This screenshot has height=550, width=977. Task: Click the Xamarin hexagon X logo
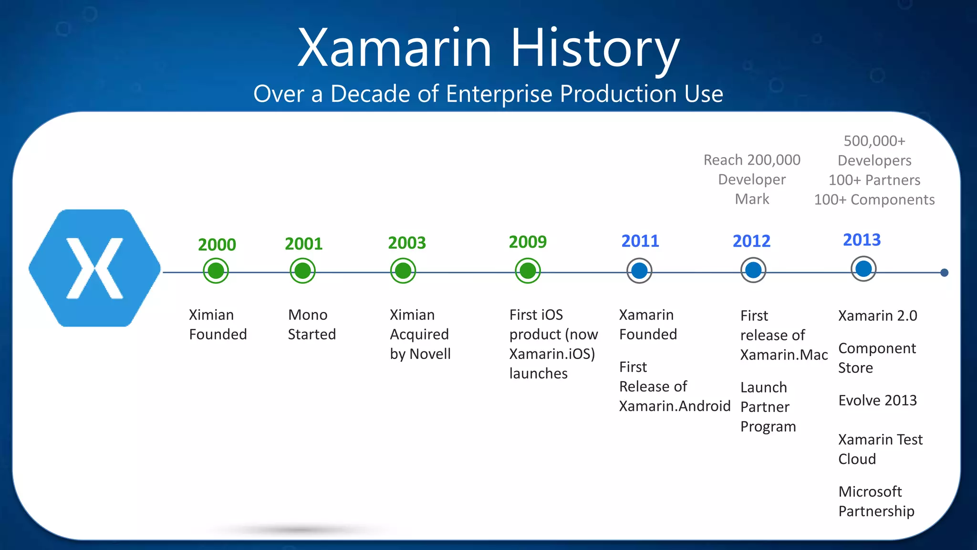click(x=94, y=268)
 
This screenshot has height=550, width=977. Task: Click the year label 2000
click(x=217, y=245)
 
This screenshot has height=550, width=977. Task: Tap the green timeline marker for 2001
click(x=302, y=271)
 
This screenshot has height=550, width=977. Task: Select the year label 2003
click(x=407, y=243)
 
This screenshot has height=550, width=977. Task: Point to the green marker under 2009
click(x=528, y=271)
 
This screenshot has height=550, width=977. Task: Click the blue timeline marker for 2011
click(x=639, y=271)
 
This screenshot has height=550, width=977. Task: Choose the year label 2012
click(x=751, y=241)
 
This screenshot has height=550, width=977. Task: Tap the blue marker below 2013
click(x=863, y=269)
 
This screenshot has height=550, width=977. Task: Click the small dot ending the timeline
click(x=944, y=273)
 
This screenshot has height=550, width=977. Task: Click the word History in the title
click(x=595, y=48)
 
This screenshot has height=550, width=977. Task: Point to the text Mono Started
click(x=312, y=325)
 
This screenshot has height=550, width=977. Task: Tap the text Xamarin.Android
click(x=675, y=406)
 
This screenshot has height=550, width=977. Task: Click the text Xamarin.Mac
click(x=784, y=355)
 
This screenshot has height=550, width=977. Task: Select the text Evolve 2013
click(x=877, y=400)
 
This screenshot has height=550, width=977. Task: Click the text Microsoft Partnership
click(x=876, y=501)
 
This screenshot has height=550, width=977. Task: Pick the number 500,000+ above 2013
click(x=874, y=141)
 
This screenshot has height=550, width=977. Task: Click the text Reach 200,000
click(x=752, y=160)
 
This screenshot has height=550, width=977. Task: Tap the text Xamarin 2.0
click(x=877, y=316)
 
